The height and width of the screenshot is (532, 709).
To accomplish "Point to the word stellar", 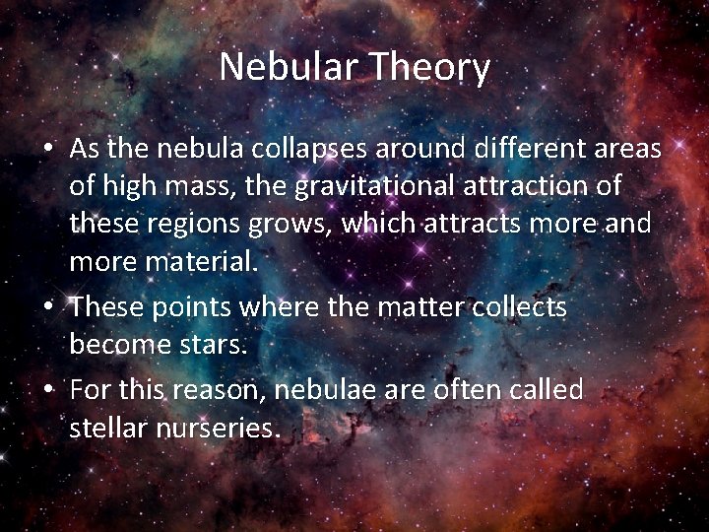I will (107, 428).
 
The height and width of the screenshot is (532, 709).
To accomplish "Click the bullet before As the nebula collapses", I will (48, 149).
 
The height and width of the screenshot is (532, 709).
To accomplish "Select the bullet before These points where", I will (48, 307).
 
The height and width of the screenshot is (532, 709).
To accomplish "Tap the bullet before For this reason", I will (48, 390).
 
